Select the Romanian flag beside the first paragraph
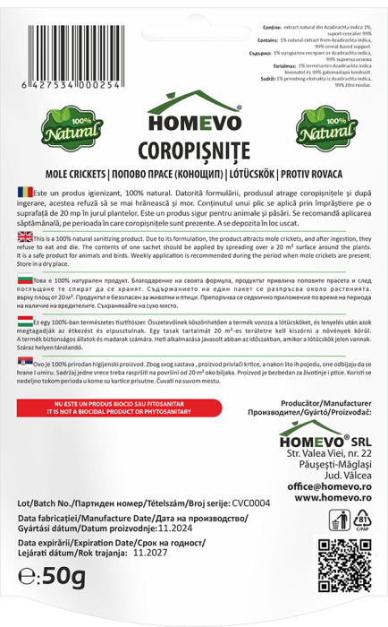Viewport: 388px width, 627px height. click(24, 193)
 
